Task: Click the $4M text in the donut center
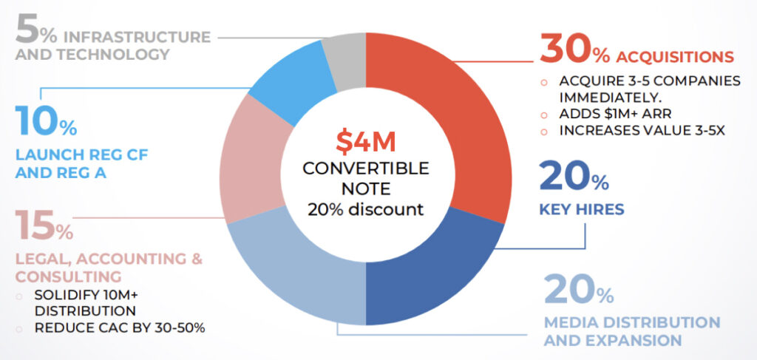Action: coord(365,142)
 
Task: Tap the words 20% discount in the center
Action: coord(365,210)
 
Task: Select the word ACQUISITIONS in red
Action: coord(674,57)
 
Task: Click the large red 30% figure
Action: coord(574,49)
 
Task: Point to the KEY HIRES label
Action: coord(581,209)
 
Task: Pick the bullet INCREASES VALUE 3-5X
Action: coord(642,131)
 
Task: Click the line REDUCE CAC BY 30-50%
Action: coord(120,328)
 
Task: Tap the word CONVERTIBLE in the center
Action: coord(365,169)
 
